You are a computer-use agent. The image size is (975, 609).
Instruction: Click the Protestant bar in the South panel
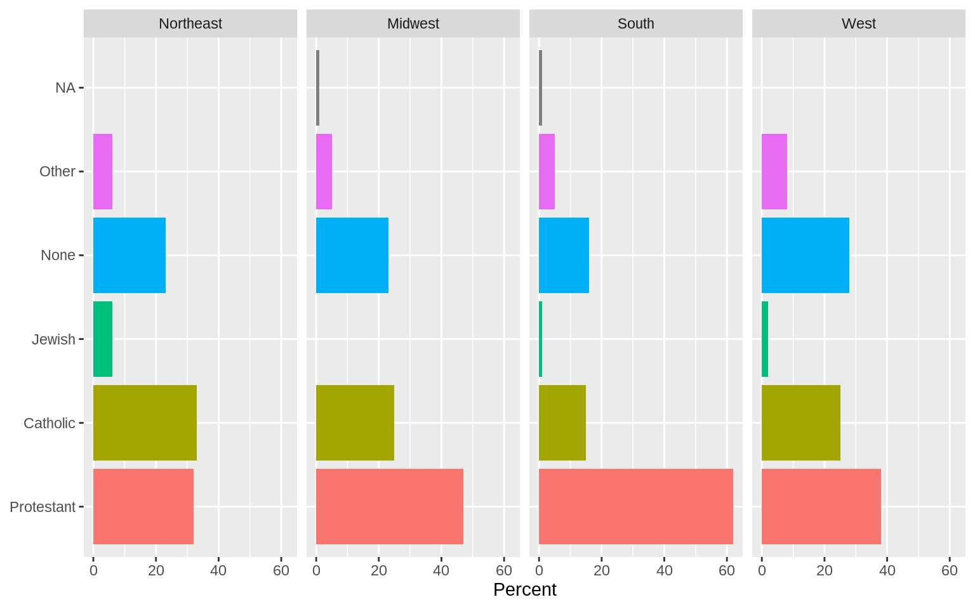coord(635,506)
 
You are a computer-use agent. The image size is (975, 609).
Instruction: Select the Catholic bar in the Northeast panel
coord(145,422)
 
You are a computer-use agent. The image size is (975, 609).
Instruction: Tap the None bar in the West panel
coord(805,255)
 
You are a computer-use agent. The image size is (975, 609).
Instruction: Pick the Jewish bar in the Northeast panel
coord(103,339)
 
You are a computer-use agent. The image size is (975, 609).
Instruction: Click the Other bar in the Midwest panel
coord(324,171)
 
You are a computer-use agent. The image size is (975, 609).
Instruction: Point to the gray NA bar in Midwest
coord(317,88)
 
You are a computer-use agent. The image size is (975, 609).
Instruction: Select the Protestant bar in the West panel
coord(821,506)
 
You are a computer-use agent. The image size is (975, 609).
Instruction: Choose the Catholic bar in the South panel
coord(562,422)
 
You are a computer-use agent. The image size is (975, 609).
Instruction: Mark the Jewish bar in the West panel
coord(765,339)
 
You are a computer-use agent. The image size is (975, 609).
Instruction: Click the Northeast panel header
coord(190,23)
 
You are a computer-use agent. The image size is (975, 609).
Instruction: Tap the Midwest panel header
coord(413,23)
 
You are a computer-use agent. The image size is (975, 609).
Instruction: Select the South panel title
coord(635,23)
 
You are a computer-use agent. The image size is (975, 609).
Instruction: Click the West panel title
coord(858,23)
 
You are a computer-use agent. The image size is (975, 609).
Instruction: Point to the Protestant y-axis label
coord(43,507)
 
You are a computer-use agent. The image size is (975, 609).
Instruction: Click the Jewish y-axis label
coord(53,339)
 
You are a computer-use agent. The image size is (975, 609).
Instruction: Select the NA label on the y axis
coord(65,88)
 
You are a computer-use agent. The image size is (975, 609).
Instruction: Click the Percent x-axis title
coord(524,589)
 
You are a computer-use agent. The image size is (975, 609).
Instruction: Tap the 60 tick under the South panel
coord(727,570)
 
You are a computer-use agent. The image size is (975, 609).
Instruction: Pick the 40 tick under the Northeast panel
coord(218,570)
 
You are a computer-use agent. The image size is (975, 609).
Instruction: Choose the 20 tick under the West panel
coord(824,570)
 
